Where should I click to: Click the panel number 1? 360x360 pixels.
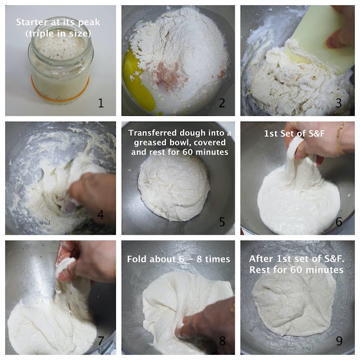pos(101,103)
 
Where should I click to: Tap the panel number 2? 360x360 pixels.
pos(222,103)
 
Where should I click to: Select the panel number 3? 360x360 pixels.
pos(339,103)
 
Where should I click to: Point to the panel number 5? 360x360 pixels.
pos(222,222)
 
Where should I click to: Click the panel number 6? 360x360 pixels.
pos(339,222)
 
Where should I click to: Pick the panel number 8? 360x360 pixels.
pos(222,341)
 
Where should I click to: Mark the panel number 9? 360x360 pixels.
pos(339,341)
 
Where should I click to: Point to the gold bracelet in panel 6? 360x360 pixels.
pos(340,139)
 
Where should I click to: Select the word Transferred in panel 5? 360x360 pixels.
pos(152,133)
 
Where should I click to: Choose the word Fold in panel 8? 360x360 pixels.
pos(136,259)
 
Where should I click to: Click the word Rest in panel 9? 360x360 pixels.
pos(259,270)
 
